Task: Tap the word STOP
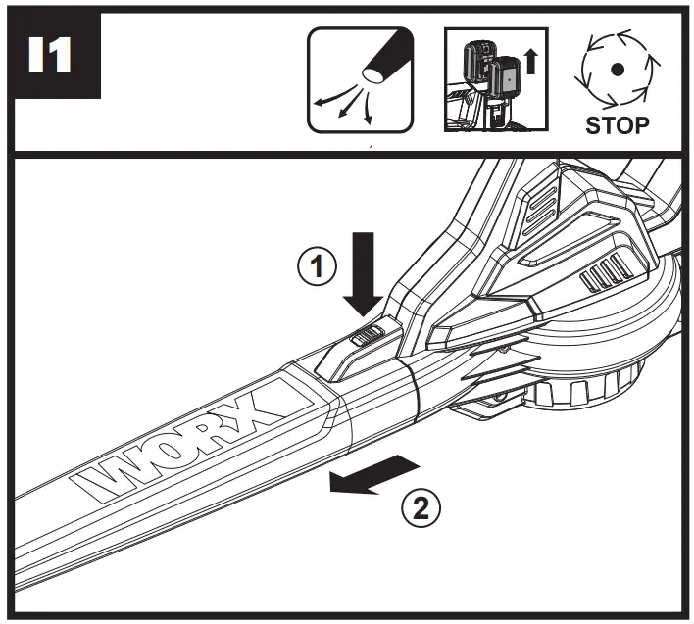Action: (x=617, y=125)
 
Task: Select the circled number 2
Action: (x=421, y=507)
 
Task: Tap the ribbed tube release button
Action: (x=366, y=337)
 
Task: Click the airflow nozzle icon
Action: (x=360, y=80)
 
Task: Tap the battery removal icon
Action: (x=493, y=80)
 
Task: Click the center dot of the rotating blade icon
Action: (x=617, y=69)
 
